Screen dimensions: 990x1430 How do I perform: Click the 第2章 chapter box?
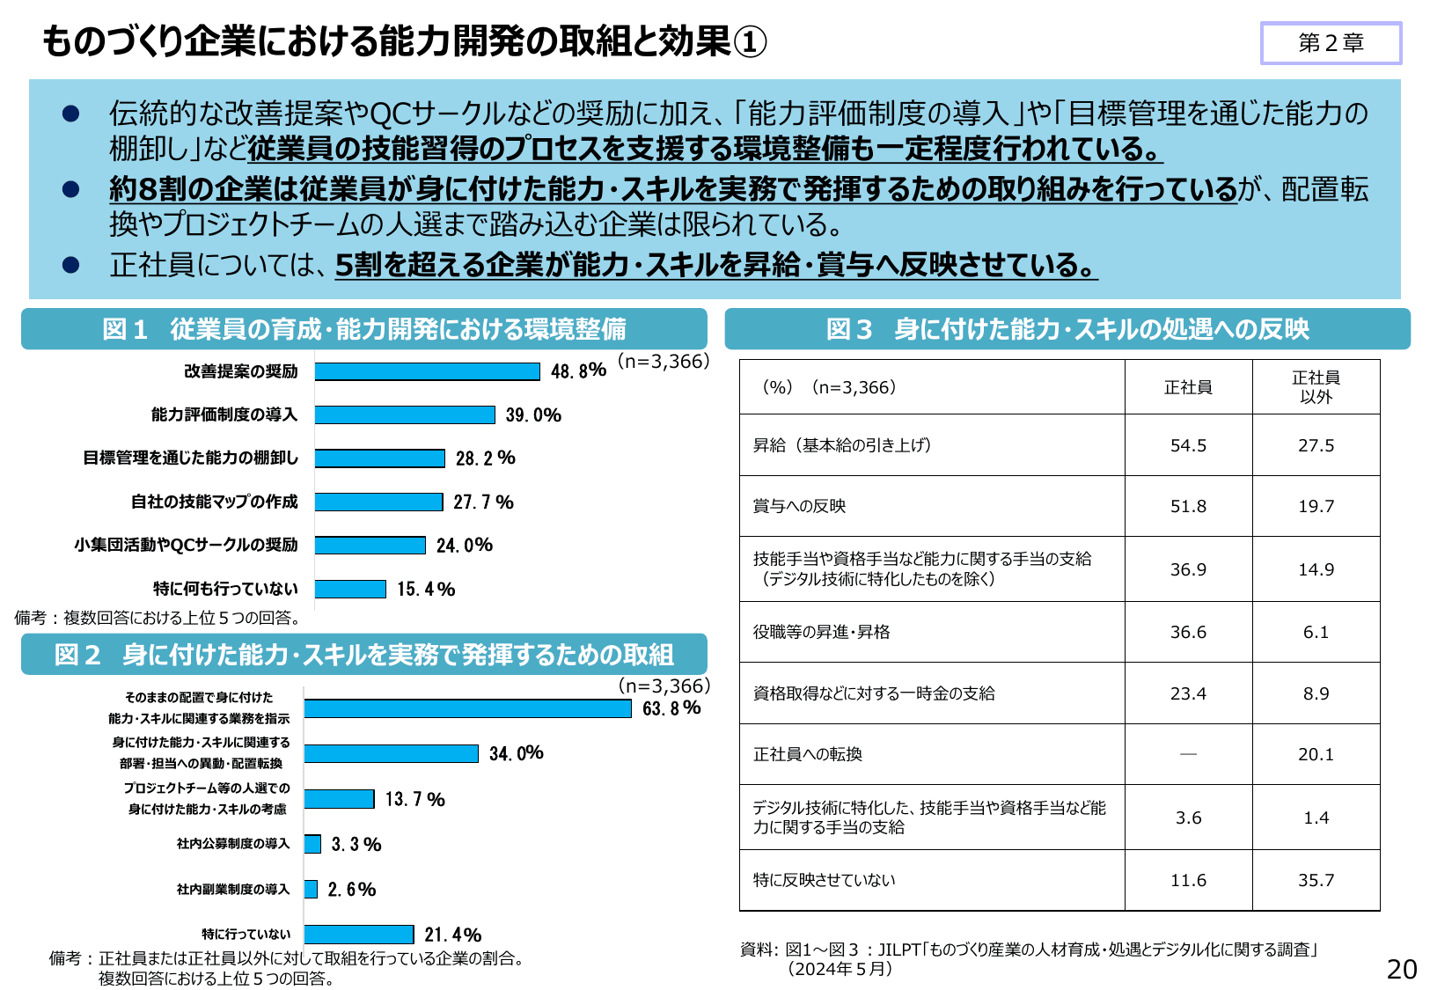[x=1331, y=43]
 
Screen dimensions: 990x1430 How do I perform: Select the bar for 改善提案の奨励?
[x=427, y=371]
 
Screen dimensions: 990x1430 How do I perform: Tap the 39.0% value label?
[x=533, y=415]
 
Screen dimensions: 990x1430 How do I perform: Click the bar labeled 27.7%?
[x=378, y=502]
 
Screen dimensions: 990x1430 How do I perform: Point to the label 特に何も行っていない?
[x=225, y=589]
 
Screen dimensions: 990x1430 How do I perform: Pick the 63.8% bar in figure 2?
[x=467, y=708]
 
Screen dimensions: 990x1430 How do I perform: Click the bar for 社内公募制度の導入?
[x=312, y=844]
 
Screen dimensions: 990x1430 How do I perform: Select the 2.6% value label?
[x=352, y=890]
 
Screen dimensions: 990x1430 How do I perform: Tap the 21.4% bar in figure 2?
[x=359, y=935]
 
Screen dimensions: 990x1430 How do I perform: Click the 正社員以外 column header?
[x=1316, y=387]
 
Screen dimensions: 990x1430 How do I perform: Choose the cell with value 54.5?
[x=1188, y=445]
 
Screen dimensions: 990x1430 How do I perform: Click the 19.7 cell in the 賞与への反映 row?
[x=1316, y=506]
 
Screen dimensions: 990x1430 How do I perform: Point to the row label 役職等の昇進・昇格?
[x=821, y=632]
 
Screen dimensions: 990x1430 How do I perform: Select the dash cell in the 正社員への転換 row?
[x=1188, y=754]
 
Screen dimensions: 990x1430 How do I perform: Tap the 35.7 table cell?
[x=1316, y=880]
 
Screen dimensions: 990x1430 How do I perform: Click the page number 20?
[x=1401, y=969]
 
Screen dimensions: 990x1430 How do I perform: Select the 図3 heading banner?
[x=1067, y=329]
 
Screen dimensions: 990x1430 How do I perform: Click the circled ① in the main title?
[x=750, y=42]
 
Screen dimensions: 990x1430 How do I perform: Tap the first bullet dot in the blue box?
[x=71, y=114]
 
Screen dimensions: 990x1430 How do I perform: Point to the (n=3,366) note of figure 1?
[x=664, y=361]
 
